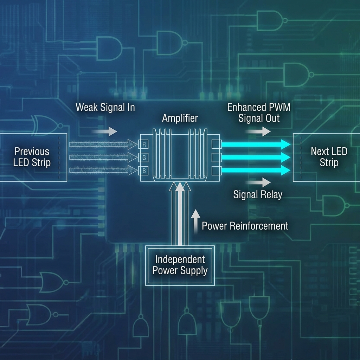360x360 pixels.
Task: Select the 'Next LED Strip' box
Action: click(328, 157)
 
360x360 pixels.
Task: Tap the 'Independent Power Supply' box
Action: click(180, 265)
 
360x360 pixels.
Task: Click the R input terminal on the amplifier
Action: click(143, 144)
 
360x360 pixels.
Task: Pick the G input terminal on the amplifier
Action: click(143, 157)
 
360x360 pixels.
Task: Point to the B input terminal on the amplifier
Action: click(143, 170)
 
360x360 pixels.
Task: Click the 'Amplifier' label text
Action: click(180, 118)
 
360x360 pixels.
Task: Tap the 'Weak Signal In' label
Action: click(105, 107)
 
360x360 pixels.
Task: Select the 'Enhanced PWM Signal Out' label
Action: click(259, 112)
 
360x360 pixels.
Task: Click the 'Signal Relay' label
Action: click(258, 194)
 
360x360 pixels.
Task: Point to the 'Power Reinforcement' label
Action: click(245, 226)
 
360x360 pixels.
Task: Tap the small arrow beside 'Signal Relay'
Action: click(258, 182)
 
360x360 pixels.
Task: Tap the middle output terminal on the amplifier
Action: click(216, 157)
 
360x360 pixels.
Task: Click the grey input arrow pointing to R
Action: click(103, 144)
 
